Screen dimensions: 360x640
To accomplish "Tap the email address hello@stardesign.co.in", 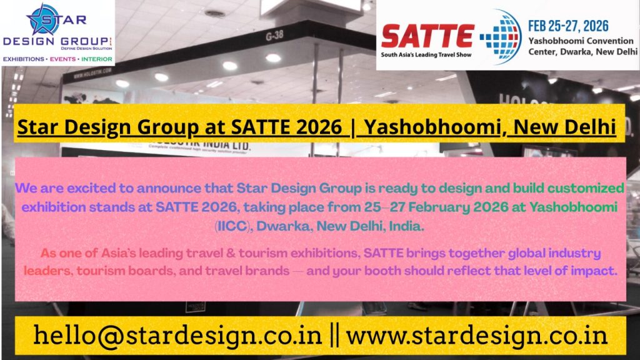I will point(178,336).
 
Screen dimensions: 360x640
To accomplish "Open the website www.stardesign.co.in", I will point(477,336).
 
